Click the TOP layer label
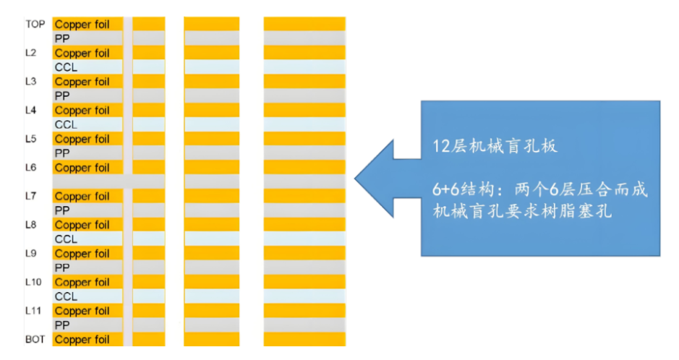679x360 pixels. [x=35, y=25]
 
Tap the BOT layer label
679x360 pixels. [x=35, y=339]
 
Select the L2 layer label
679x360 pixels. [x=31, y=53]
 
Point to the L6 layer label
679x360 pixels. [x=31, y=168]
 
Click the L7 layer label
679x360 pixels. [x=31, y=196]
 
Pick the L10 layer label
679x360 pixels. [x=33, y=282]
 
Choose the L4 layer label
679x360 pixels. [x=31, y=110]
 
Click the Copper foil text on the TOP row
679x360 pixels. [x=82, y=25]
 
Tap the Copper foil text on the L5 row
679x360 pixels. [x=82, y=139]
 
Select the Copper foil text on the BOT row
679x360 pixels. [x=82, y=339]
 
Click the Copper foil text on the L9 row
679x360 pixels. [x=82, y=254]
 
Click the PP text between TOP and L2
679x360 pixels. [x=62, y=39]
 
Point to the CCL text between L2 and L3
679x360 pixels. [x=66, y=67]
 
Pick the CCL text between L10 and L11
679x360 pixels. [x=66, y=296]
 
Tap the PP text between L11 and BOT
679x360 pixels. [x=62, y=325]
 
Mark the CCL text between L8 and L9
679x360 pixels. [x=66, y=239]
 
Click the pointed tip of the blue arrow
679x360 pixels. [x=356, y=177]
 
